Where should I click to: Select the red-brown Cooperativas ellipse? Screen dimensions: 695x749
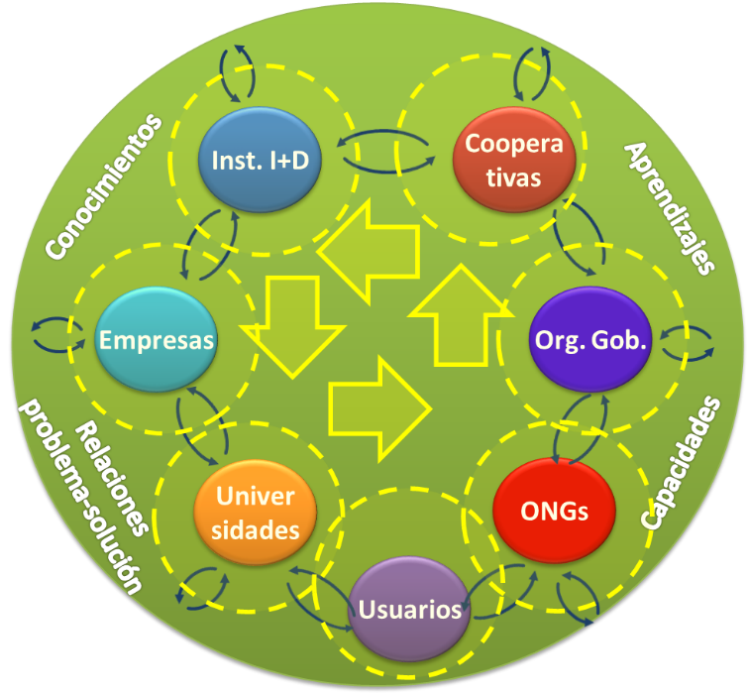point(514,160)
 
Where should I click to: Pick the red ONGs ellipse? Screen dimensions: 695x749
point(554,511)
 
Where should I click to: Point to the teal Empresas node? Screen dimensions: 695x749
point(157,340)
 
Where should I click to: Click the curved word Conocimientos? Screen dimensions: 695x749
point(103,188)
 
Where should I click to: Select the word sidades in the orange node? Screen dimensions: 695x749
point(256,529)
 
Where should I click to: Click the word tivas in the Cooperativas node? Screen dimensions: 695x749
point(514,177)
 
